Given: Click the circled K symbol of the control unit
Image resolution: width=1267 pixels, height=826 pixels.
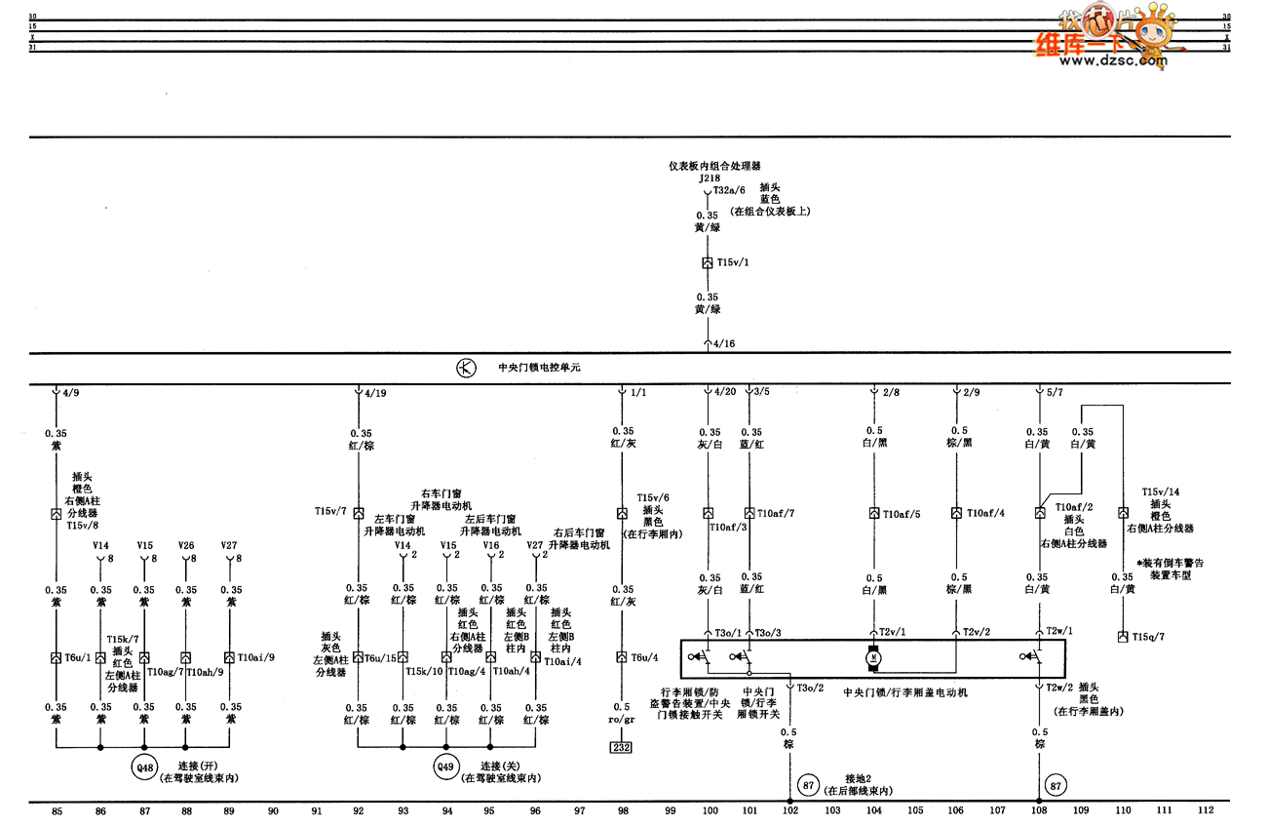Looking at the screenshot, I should coord(466,368).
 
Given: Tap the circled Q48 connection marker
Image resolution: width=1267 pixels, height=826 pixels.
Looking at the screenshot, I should coord(145,768).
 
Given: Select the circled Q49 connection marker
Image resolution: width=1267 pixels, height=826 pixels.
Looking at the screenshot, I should coord(445,768).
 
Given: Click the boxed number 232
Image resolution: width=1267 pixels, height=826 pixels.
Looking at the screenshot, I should coord(621,748).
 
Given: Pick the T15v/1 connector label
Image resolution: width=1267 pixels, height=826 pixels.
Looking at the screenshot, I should coord(734,263).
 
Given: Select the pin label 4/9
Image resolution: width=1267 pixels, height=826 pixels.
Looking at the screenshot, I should coord(71,394).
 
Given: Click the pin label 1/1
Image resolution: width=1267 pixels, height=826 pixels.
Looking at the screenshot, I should coord(638,394).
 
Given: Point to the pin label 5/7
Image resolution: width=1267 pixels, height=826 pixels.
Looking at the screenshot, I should coord(1056,394).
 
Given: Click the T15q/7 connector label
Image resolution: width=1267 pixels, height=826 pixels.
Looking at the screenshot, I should coord(1148,637).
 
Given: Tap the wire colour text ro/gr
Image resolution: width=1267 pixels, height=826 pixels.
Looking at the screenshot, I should coord(622,721).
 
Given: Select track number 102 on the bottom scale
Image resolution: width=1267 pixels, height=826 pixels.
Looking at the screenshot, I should coord(790,809).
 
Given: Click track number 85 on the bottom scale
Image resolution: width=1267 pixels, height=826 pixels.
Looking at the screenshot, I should coord(57,809).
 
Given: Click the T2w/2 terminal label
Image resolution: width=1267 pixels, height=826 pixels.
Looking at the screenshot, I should coord(1059,688).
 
